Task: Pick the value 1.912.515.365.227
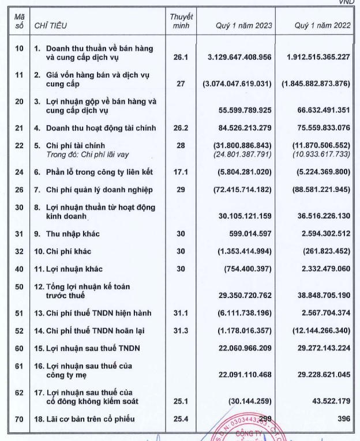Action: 318,58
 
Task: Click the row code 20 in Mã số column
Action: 19,101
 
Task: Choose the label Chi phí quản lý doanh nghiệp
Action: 96,190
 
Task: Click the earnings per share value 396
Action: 344,419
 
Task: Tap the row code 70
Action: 19,419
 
